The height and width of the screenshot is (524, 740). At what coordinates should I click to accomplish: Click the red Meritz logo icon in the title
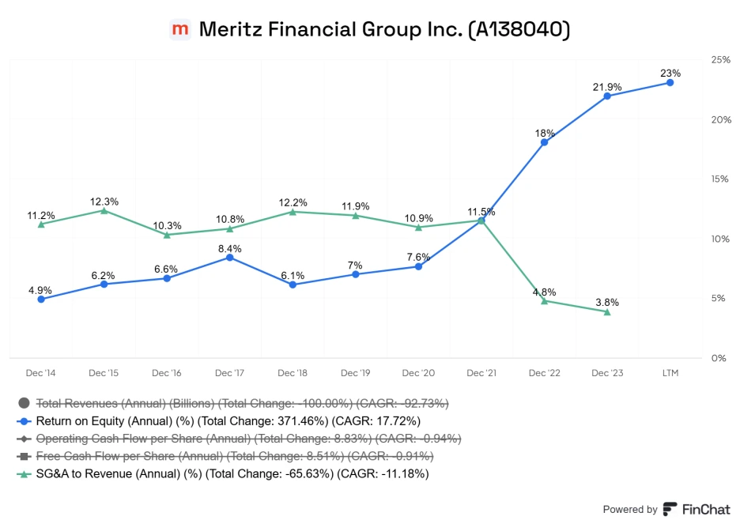click(x=180, y=30)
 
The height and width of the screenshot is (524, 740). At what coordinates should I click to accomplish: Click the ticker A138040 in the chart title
click(x=519, y=30)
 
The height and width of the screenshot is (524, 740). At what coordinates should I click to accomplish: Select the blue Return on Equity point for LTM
click(x=670, y=82)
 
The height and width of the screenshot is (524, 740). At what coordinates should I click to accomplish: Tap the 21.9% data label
click(x=607, y=86)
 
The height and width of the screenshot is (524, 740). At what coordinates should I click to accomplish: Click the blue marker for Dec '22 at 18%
click(x=544, y=142)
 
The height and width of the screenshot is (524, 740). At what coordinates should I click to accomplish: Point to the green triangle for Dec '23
click(x=607, y=312)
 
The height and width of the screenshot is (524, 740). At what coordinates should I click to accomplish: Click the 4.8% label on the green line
click(x=544, y=291)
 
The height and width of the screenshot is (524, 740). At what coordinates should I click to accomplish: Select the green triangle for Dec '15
click(x=104, y=210)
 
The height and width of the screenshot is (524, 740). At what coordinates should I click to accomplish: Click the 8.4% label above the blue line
click(x=229, y=248)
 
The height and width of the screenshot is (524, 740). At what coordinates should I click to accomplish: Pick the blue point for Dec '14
click(x=41, y=299)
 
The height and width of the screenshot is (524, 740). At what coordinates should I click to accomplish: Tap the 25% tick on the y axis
click(x=720, y=60)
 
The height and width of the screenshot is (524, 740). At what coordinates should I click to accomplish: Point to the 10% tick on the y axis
click(x=720, y=239)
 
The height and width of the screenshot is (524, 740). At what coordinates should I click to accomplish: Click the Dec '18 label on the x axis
click(x=293, y=372)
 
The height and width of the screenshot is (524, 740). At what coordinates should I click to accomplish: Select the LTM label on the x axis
click(x=670, y=372)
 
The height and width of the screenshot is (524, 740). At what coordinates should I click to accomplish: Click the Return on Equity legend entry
click(x=228, y=420)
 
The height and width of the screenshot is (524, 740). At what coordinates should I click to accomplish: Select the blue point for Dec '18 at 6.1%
click(x=293, y=285)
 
